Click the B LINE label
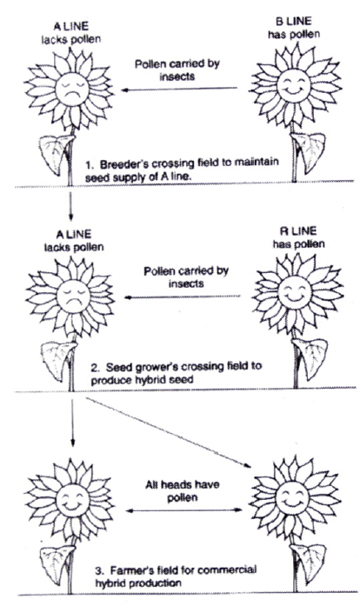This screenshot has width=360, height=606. pos(294,21)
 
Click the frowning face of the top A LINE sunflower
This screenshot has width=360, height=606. pos(72,90)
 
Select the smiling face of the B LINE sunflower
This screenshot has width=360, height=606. pos(294,85)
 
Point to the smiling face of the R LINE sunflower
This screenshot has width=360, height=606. pos(295,292)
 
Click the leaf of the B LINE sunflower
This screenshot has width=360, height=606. pos(310,150)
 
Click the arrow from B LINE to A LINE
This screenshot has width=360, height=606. pos(179,90)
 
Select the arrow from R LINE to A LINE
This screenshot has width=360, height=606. pos(182,296)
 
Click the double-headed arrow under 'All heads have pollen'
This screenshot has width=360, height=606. pos(184,510)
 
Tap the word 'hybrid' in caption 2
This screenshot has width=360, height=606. pos(135,380)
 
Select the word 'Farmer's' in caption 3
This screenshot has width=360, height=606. pos(131,571)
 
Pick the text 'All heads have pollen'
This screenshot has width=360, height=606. pos(183,491)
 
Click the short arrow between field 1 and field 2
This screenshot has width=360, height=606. pos(70,205)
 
